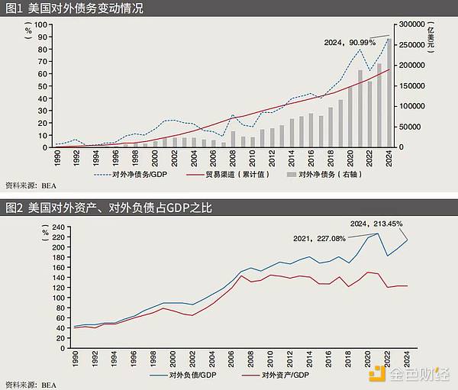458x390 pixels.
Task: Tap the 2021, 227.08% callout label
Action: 319,238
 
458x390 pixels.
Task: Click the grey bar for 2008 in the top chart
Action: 233,139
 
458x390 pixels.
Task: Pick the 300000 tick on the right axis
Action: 414,24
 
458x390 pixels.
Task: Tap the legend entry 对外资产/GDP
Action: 276,375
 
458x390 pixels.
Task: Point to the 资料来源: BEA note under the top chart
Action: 31,185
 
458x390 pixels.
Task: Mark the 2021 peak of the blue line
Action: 376,234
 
